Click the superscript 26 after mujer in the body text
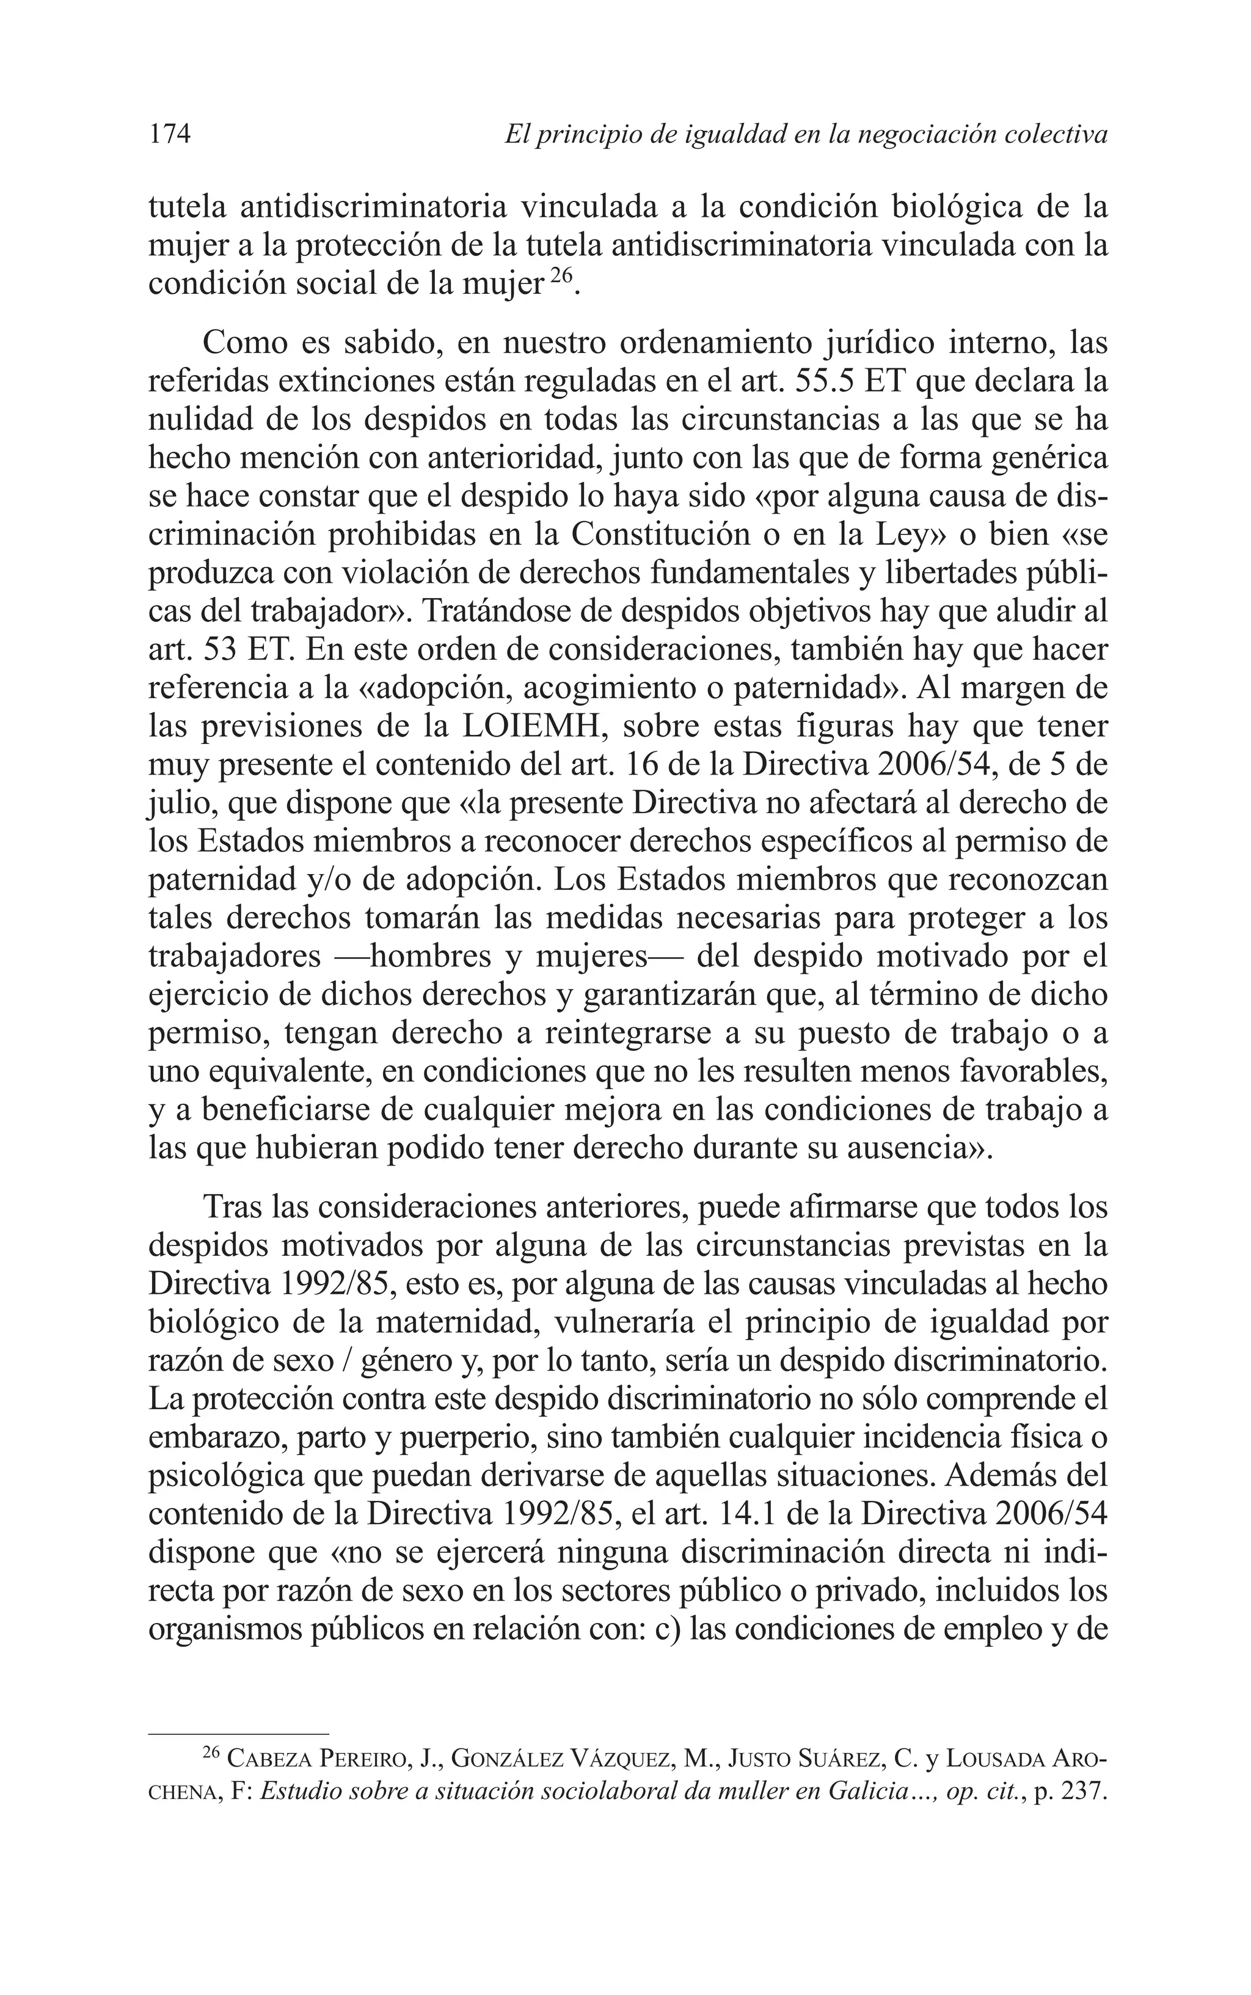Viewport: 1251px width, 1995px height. [x=560, y=276]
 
